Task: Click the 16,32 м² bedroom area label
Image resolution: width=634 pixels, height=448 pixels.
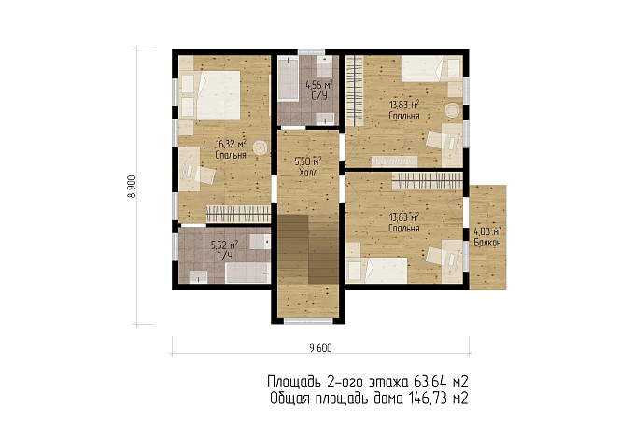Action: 231,144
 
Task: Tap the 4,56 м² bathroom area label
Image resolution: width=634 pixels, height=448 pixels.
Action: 319,85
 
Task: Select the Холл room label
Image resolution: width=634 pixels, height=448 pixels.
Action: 308,173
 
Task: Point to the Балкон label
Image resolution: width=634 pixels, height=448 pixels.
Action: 487,243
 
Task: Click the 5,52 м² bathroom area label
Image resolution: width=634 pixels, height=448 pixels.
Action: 224,245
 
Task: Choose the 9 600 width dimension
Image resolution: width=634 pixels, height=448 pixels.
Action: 320,348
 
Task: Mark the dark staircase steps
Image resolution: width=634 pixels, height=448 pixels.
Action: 308,249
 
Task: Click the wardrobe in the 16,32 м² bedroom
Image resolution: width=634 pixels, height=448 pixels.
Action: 238,214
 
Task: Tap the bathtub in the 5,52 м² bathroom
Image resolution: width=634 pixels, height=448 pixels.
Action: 247,273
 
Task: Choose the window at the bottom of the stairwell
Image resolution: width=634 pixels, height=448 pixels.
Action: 308,321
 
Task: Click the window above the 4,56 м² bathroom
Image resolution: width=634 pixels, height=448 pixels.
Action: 311,51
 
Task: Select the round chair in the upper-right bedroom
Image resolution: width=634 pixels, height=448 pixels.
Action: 453,109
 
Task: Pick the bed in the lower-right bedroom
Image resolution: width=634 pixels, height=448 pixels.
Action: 377,270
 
